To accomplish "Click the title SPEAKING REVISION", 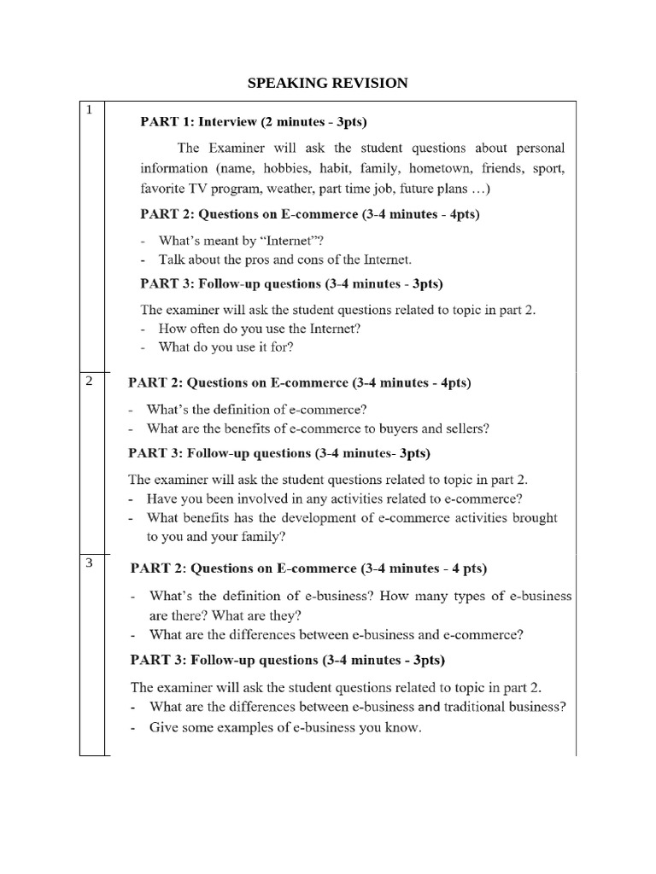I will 327,83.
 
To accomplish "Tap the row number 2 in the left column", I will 89,381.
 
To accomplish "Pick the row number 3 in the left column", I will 89,563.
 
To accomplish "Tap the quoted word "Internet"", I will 280,241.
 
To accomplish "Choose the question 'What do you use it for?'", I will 225,347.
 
